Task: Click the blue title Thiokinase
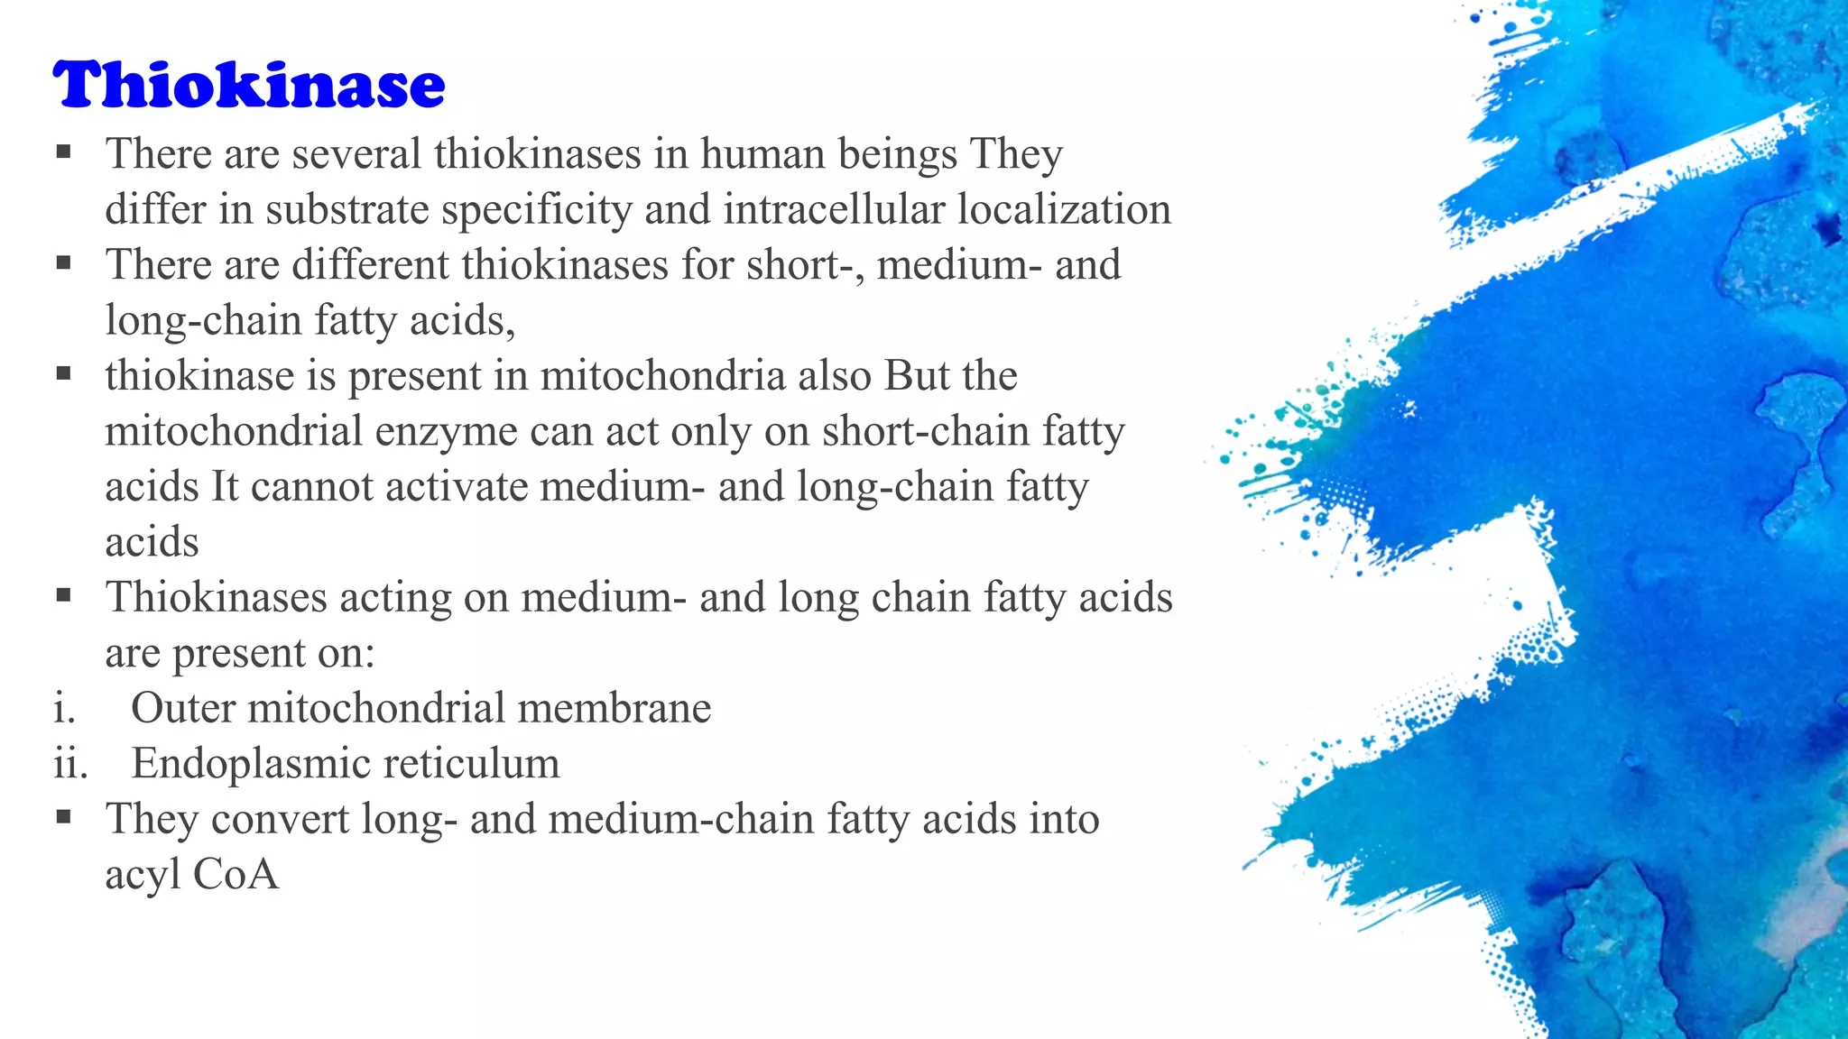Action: (x=249, y=85)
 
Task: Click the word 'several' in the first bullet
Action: (x=356, y=153)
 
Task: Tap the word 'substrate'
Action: (x=347, y=209)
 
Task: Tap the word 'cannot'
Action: (x=311, y=487)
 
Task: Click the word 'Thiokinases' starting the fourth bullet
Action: (x=217, y=598)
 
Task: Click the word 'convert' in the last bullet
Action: (x=280, y=820)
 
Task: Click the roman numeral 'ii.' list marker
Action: (x=70, y=764)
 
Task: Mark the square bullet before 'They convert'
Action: (x=63, y=817)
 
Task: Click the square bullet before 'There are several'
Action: (x=63, y=152)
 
